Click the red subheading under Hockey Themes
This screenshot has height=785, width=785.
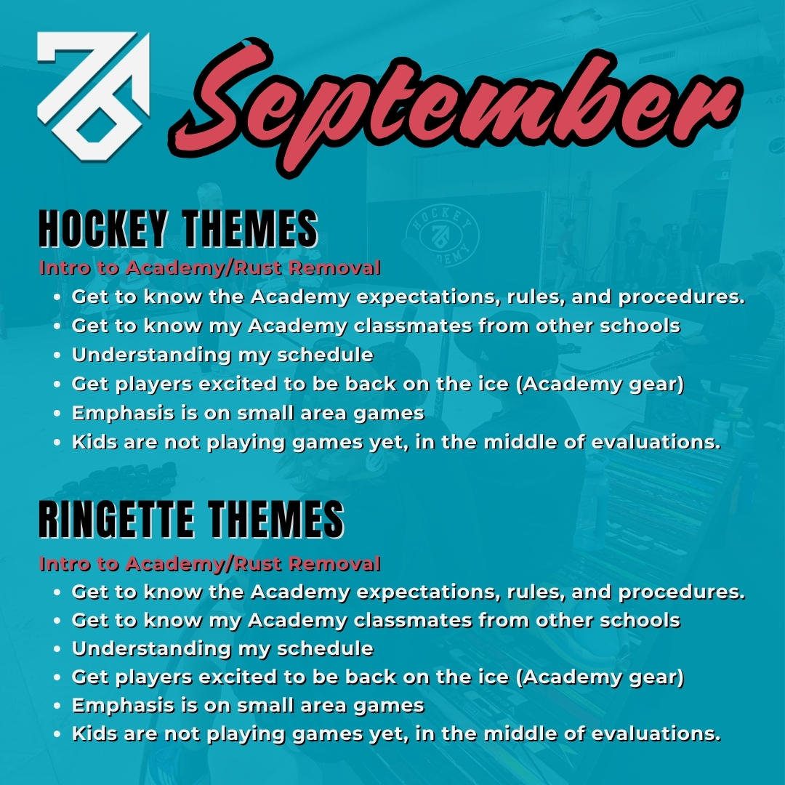(x=209, y=267)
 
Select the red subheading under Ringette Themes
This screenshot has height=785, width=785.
(x=209, y=563)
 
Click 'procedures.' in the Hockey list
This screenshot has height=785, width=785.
(x=683, y=297)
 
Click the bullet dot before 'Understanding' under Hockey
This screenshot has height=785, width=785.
(x=57, y=356)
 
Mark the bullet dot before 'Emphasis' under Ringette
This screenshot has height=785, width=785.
(x=57, y=706)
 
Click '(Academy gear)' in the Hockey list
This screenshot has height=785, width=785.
(x=603, y=385)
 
